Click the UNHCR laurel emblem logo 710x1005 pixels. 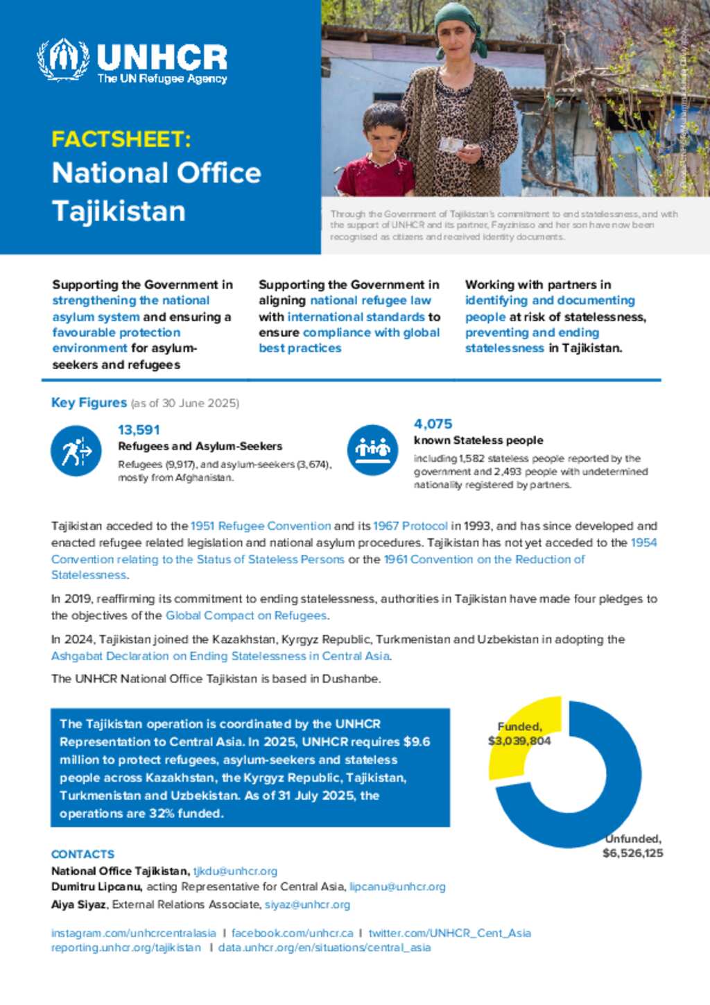pyautogui.click(x=63, y=60)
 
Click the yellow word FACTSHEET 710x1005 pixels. pyautogui.click(x=121, y=139)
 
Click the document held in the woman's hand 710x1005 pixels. pyautogui.click(x=451, y=144)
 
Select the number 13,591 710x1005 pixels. pyautogui.click(x=139, y=430)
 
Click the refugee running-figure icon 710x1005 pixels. pyautogui.click(x=76, y=452)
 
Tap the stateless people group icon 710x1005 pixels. pyautogui.click(x=372, y=449)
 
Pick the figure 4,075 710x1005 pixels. pyautogui.click(x=433, y=424)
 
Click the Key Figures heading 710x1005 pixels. pyautogui.click(x=89, y=403)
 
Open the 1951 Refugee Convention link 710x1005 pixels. pyautogui.click(x=261, y=526)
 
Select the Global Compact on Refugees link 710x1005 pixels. pyautogui.click(x=246, y=616)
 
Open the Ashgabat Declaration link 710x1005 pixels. pyautogui.click(x=220, y=656)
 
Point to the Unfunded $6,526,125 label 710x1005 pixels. pyautogui.click(x=632, y=846)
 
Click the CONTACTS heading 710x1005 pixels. pyautogui.click(x=83, y=854)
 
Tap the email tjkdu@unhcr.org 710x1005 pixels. pyautogui.click(x=235, y=871)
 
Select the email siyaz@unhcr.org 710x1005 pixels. pyautogui.click(x=307, y=905)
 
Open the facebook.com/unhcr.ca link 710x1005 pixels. pyautogui.click(x=292, y=934)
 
